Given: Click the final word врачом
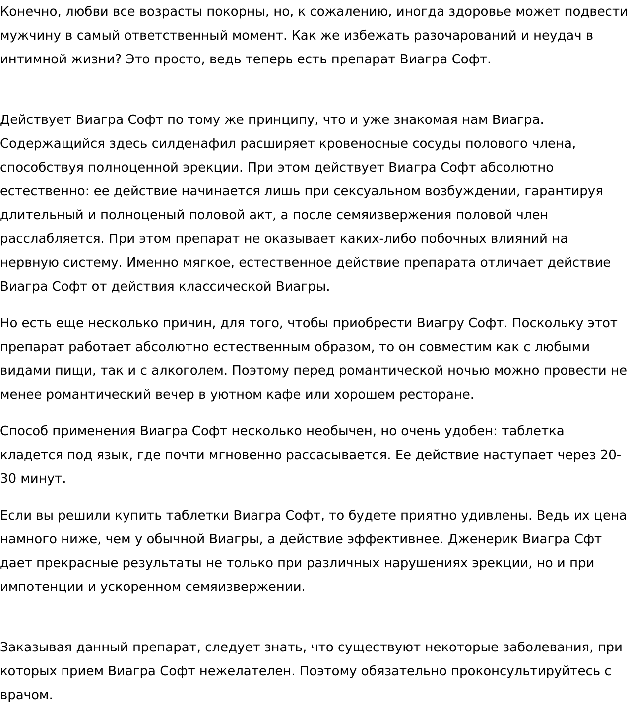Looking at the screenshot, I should pyautogui.click(x=25, y=695).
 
